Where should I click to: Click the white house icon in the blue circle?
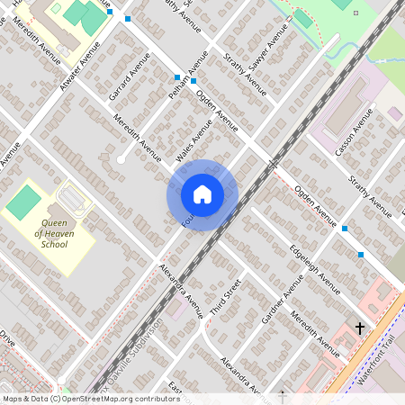pos(202,193)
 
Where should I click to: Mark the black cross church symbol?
pos(360,329)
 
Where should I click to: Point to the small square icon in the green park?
pos(355,13)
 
